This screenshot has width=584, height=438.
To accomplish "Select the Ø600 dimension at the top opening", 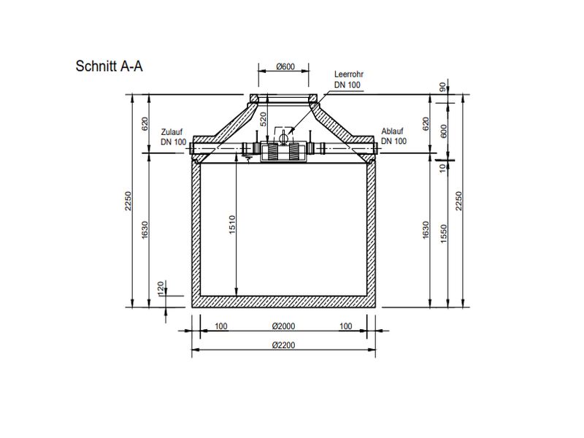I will [x=285, y=67].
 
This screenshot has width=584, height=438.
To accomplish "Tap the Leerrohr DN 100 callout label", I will [x=347, y=80].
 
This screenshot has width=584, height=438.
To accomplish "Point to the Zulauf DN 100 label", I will [x=174, y=137].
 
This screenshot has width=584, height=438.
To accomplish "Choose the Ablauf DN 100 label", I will [x=393, y=137].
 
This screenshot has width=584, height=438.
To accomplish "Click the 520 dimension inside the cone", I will [x=264, y=119].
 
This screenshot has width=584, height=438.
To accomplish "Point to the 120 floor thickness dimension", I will [x=160, y=290].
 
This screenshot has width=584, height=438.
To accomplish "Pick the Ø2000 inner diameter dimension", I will [x=283, y=326].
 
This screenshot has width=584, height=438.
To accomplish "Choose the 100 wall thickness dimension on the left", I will [x=220, y=326].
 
